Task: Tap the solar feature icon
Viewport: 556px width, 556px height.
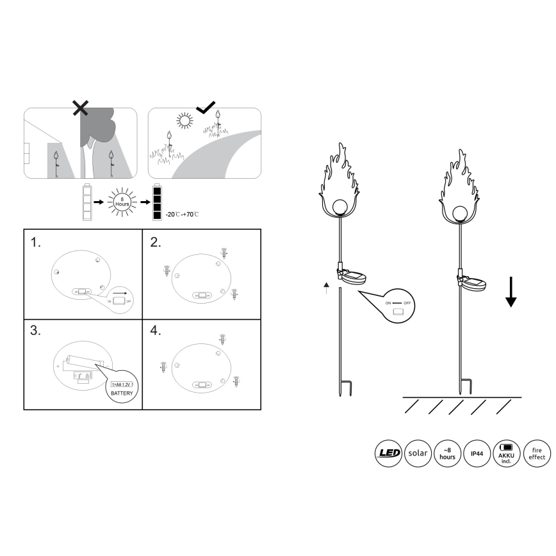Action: [x=418, y=454]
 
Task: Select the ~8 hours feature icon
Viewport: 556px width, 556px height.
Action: [x=448, y=454]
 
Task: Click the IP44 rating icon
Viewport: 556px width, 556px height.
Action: [x=477, y=454]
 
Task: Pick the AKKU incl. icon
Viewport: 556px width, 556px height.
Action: [x=507, y=454]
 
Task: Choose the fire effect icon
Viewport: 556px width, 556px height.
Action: [x=536, y=454]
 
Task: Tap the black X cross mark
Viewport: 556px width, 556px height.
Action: [x=80, y=108]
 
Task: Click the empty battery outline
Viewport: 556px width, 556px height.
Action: [x=87, y=202]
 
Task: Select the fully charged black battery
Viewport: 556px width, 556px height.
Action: [x=158, y=202]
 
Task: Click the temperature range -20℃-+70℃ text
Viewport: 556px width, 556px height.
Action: [x=182, y=213]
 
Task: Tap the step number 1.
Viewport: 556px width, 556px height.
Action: [x=36, y=243]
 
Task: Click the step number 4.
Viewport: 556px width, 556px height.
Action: [x=155, y=331]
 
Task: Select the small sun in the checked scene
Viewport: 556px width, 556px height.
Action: [x=185, y=121]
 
